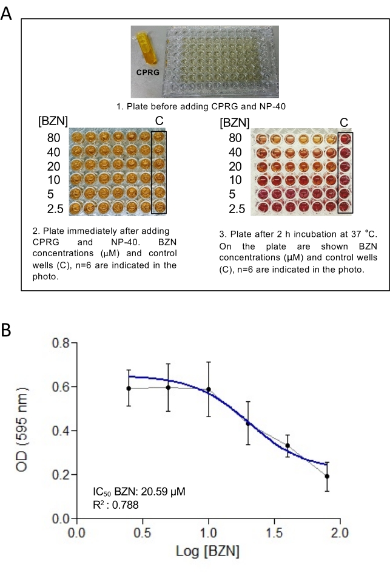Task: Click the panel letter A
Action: click(7, 13)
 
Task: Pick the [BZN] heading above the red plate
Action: click(234, 121)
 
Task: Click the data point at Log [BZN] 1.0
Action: click(209, 389)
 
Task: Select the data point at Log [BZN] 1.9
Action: click(327, 476)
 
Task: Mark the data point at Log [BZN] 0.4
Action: click(129, 388)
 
